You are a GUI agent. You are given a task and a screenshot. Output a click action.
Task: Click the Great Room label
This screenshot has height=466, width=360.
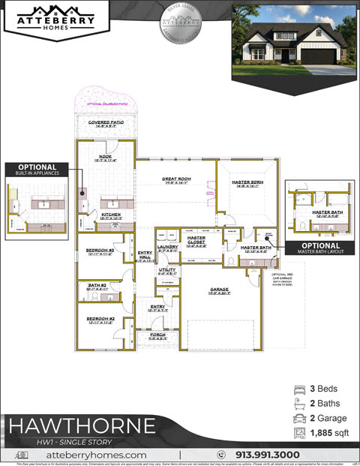[177, 179]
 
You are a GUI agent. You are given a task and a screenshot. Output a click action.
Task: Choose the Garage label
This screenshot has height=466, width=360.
[219, 290]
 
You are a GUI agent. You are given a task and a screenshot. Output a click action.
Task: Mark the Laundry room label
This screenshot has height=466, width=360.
[167, 247]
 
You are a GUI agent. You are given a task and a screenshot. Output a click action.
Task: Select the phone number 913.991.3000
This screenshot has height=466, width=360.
[268, 455]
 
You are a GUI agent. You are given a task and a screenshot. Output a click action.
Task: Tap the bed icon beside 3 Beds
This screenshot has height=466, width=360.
[299, 389]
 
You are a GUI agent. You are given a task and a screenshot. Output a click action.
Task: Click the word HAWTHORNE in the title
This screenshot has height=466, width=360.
[82, 425]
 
